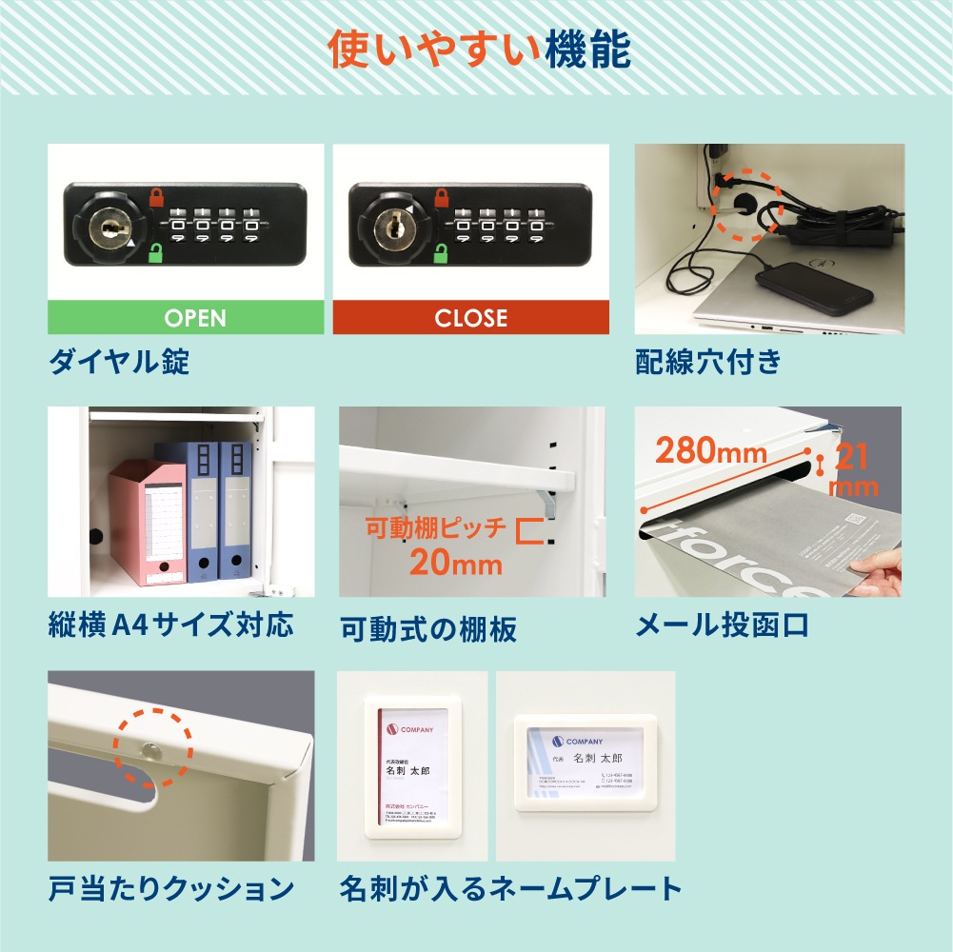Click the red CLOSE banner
pyautogui.click(x=470, y=318)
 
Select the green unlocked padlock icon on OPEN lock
pyautogui.click(x=155, y=253)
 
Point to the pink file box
pyautogui.click(x=147, y=522)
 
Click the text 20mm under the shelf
pyautogui.click(x=455, y=563)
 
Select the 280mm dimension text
pyautogui.click(x=709, y=450)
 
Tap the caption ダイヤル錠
pyautogui.click(x=119, y=362)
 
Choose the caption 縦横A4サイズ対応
pyautogui.click(x=170, y=625)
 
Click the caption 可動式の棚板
pyautogui.click(x=427, y=628)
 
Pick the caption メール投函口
pyautogui.click(x=722, y=625)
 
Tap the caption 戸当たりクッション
pyautogui.click(x=170, y=889)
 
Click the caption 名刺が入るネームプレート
pyautogui.click(x=510, y=889)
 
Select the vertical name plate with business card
pyautogui.click(x=413, y=766)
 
